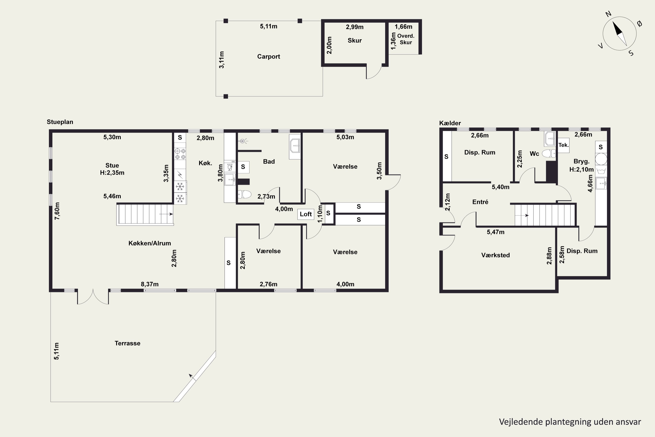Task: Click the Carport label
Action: coord(269,57)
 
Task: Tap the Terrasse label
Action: coord(127,343)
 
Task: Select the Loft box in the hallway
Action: coord(306,214)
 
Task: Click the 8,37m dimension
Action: coord(150,284)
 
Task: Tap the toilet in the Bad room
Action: coord(244,194)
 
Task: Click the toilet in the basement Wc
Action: coord(549,154)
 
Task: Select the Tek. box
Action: coord(563,145)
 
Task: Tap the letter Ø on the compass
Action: coord(639,24)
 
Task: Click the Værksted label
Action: coord(495,255)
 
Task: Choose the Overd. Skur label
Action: coord(405,39)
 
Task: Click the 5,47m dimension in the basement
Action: coord(495,232)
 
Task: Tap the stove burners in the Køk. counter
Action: coord(180,154)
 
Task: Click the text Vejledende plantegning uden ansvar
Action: coord(570,422)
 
